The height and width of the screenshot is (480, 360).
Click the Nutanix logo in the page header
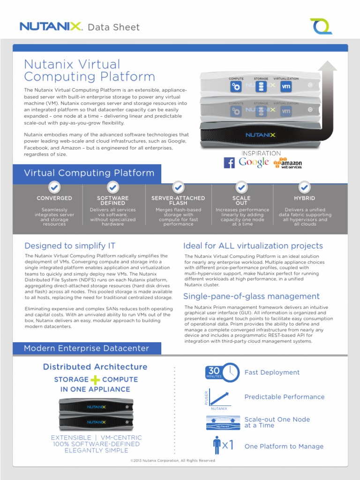click(51, 26)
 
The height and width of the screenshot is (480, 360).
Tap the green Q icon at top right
click(322, 26)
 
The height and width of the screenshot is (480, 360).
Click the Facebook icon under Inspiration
click(229, 163)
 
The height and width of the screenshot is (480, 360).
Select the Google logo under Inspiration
click(254, 162)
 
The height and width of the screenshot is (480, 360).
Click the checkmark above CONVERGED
click(54, 187)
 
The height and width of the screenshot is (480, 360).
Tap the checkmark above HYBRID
click(304, 187)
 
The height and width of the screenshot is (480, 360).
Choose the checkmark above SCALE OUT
click(241, 187)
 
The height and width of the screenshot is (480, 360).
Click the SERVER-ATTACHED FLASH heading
click(178, 201)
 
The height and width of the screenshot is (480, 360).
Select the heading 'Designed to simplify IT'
click(70, 246)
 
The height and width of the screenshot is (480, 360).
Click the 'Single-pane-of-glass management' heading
click(251, 296)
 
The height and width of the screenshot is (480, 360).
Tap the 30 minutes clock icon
click(222, 373)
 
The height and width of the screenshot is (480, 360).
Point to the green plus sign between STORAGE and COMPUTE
click(96, 380)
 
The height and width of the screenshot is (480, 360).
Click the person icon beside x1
click(217, 445)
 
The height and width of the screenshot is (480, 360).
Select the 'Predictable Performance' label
click(284, 397)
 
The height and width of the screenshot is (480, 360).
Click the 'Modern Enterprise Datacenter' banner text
click(86, 348)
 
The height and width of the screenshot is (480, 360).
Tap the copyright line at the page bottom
click(172, 461)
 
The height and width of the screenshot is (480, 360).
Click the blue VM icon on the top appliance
click(286, 87)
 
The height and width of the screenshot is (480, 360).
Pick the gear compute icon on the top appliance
click(236, 87)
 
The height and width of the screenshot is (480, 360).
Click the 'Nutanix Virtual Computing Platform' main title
click(89, 70)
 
